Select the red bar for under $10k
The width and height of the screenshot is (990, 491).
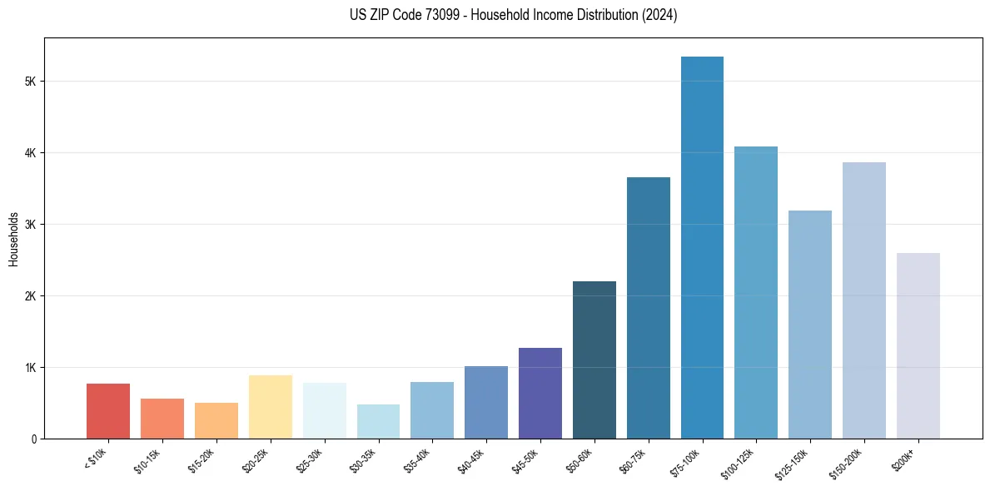click(x=108, y=411)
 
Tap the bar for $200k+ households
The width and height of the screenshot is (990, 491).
click(x=918, y=346)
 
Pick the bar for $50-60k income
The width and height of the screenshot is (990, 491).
click(x=594, y=360)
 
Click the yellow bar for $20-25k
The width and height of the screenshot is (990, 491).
click(x=271, y=407)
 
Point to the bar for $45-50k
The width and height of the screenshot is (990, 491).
click(x=540, y=394)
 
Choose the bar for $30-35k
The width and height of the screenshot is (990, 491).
click(x=378, y=422)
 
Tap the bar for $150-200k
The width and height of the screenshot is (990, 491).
click(x=864, y=300)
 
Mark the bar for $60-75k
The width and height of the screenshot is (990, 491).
click(x=649, y=308)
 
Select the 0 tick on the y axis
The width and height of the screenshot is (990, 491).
click(x=32, y=439)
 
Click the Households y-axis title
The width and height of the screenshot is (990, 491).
click(x=13, y=239)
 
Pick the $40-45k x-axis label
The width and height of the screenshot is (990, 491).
click(x=474, y=460)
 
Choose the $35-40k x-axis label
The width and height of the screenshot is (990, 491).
click(x=420, y=460)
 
